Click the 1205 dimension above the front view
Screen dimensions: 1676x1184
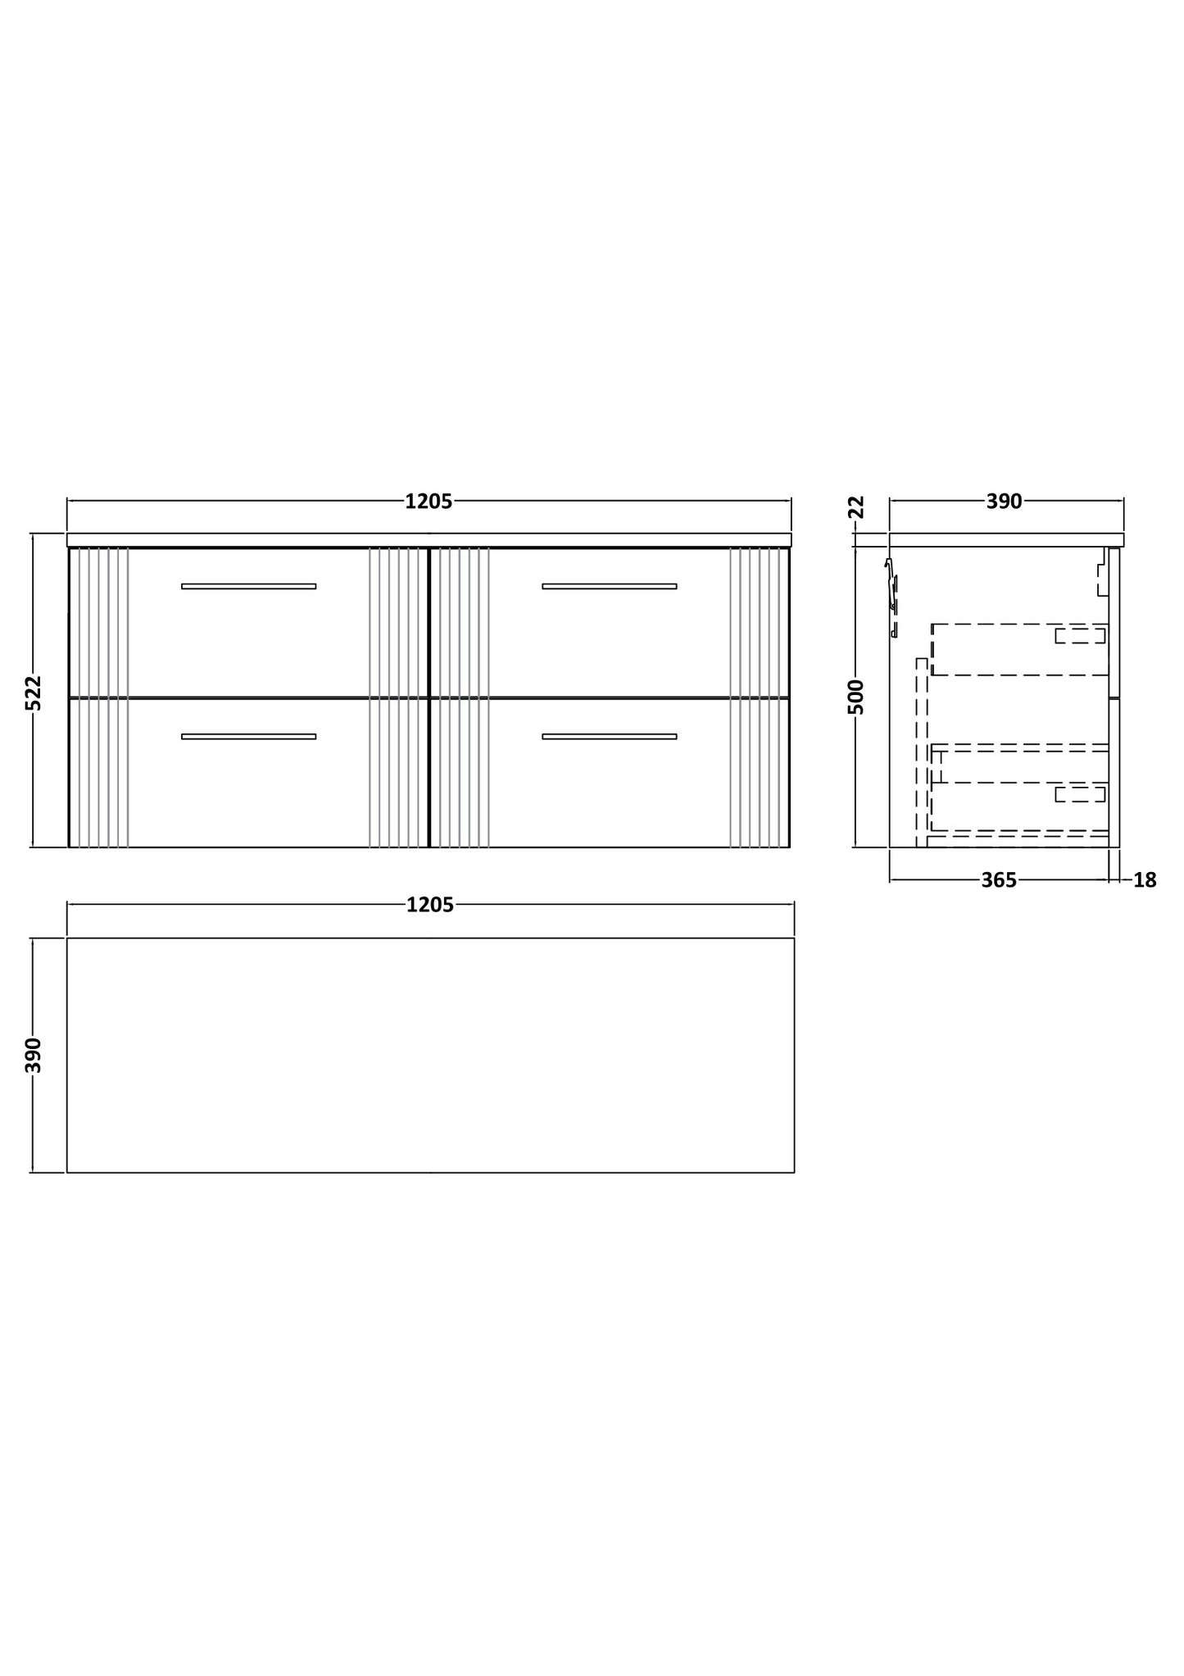point(429,502)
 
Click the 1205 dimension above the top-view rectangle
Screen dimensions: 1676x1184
point(429,905)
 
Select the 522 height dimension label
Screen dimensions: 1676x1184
point(33,693)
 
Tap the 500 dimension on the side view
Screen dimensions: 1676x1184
point(855,697)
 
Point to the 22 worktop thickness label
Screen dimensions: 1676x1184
point(856,507)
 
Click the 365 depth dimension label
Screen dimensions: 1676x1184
point(998,880)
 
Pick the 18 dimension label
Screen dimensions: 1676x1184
point(1145,880)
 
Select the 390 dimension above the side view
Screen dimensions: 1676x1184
point(1004,502)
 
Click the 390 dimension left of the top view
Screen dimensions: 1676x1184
point(33,1055)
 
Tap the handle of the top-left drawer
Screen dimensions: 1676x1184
point(248,586)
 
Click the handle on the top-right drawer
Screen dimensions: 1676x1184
point(609,586)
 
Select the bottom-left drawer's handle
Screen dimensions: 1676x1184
point(248,736)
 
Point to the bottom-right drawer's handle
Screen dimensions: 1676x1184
point(609,736)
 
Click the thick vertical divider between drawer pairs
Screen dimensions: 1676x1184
point(429,697)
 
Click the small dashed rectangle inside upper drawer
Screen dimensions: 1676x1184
point(1080,635)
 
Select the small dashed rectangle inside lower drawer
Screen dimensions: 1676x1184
point(1080,793)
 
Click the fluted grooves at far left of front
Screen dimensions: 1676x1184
point(103,697)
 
